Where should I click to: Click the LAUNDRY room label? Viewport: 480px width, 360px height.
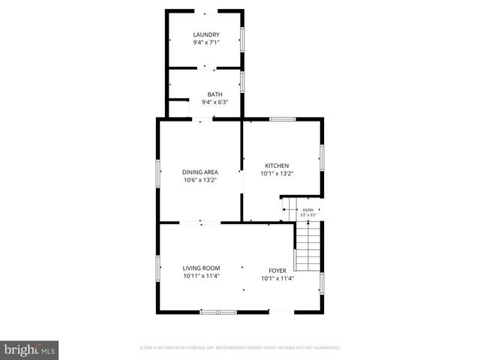point(206,34)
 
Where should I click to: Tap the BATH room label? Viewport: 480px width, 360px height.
point(214,94)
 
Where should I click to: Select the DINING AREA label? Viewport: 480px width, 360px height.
point(200,172)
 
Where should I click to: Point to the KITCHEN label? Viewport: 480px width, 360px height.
point(277,166)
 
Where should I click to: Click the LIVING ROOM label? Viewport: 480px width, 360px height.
point(201,268)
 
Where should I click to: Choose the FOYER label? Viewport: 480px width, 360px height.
point(277,271)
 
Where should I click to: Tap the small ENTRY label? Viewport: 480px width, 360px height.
point(308,210)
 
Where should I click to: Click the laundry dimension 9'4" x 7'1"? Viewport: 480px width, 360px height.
point(206,43)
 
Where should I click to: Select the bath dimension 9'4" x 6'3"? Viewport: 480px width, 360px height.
point(214,102)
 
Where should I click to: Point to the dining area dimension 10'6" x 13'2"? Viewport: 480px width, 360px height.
point(200,180)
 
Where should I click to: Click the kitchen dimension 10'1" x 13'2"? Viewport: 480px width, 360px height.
point(277,174)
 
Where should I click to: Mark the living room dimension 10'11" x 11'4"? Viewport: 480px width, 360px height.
point(201,276)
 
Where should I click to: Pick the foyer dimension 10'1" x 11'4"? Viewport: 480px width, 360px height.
point(277,279)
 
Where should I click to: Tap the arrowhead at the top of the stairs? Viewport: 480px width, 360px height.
point(307,223)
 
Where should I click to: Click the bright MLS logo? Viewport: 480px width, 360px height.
point(30,349)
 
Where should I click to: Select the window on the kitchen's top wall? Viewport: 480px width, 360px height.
point(282,118)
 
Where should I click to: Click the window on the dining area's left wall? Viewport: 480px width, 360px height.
point(158,172)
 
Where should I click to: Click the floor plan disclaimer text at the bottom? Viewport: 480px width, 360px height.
point(240,348)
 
